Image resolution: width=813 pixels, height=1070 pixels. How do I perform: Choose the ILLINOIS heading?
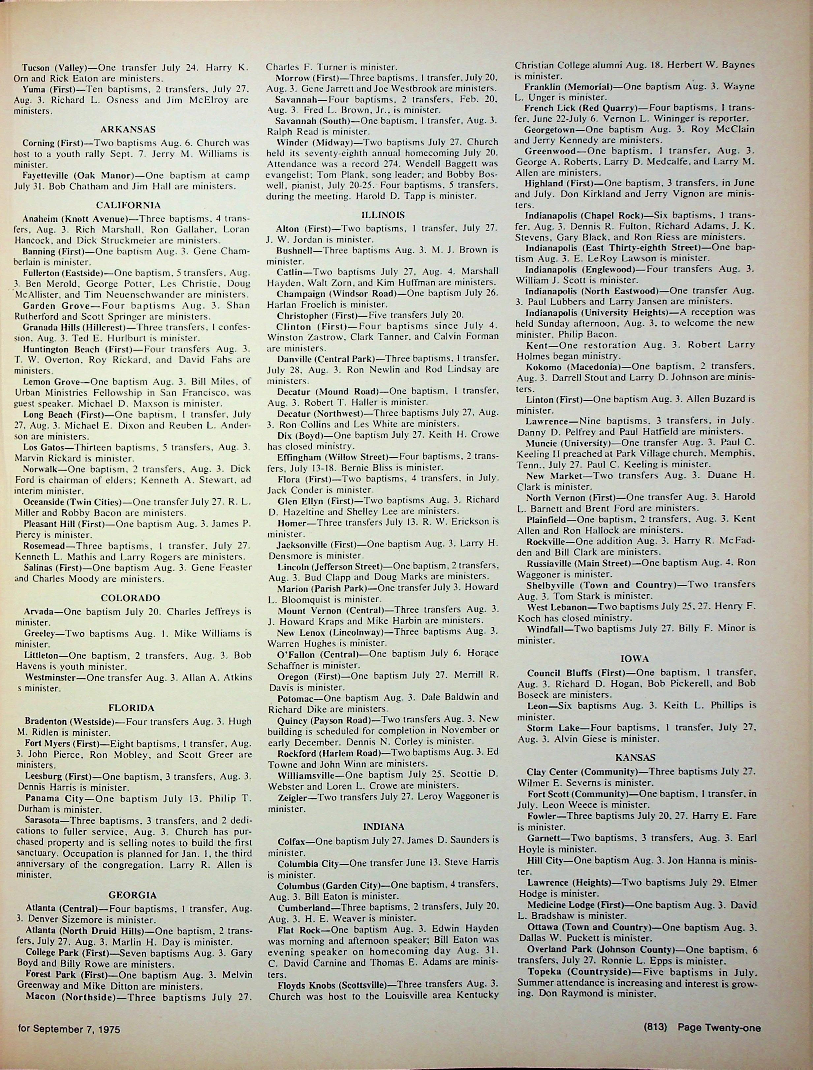pyautogui.click(x=383, y=214)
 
